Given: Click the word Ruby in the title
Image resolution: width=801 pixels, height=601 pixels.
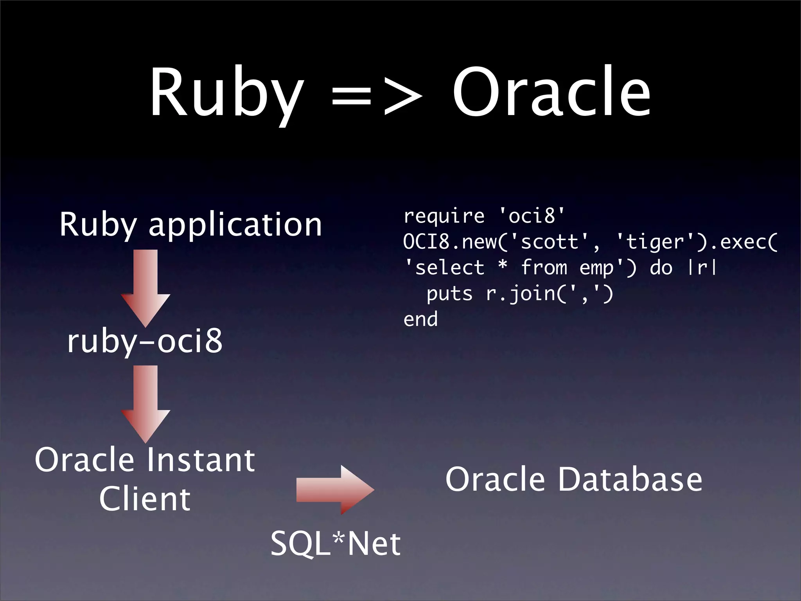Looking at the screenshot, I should pyautogui.click(x=227, y=94).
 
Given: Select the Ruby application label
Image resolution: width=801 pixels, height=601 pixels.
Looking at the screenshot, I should pyautogui.click(x=190, y=225).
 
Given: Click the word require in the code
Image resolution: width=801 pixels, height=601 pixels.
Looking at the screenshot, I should pyautogui.click(x=444, y=216).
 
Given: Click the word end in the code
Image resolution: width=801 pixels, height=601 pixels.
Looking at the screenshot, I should pyautogui.click(x=420, y=320).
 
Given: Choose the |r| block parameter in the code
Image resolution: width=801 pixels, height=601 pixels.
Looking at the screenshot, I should pyautogui.click(x=703, y=268).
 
